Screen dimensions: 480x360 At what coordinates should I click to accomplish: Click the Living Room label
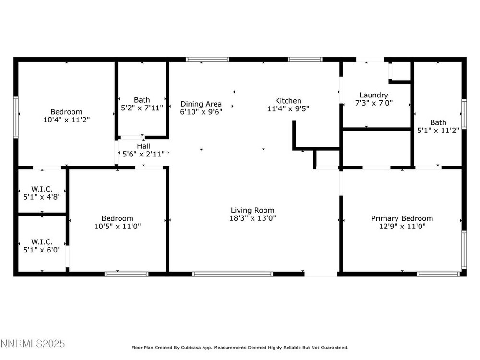click(x=252, y=210)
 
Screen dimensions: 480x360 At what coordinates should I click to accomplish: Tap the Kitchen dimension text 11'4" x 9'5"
click(x=288, y=108)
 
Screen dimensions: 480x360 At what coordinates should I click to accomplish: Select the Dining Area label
click(x=201, y=104)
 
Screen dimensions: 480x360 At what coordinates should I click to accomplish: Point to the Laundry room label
click(x=374, y=95)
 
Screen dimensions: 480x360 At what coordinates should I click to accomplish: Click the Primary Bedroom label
click(x=402, y=218)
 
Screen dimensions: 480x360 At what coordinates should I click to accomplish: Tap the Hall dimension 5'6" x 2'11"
click(x=144, y=154)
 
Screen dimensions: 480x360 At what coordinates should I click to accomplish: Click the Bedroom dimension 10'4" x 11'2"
click(x=66, y=120)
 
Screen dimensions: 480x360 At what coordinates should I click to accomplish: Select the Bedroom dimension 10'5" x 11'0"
click(x=118, y=227)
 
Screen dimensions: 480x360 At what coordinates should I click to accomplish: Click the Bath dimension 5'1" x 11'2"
click(x=438, y=131)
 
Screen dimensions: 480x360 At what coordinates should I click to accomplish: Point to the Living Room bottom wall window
click(x=232, y=274)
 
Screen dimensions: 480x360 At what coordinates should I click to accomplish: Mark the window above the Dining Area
click(x=207, y=60)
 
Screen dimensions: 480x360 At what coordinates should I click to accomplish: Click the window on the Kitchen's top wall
click(x=305, y=60)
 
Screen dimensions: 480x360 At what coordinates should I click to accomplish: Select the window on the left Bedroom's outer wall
click(x=16, y=117)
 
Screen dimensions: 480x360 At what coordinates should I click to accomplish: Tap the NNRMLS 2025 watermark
click(x=33, y=344)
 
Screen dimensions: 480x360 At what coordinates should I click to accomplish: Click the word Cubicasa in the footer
click(x=191, y=348)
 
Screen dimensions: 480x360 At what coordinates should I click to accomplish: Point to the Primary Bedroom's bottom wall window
click(x=439, y=274)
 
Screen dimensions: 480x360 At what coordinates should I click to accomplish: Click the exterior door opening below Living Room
click(x=321, y=274)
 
